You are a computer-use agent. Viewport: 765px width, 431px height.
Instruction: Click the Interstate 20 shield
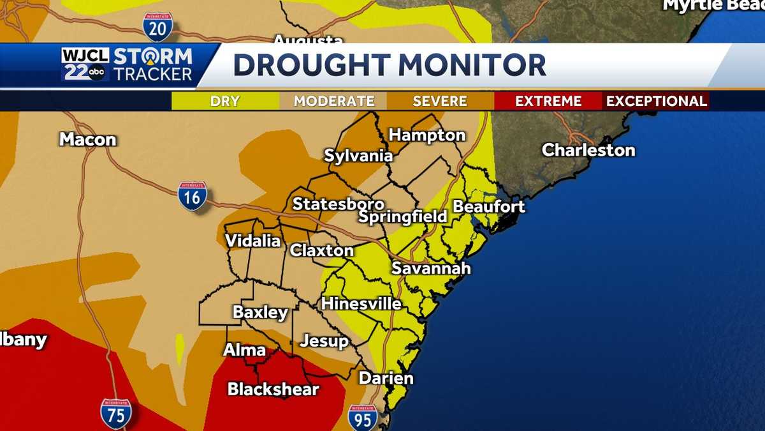157,27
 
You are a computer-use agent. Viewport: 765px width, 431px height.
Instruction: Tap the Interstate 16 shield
192,195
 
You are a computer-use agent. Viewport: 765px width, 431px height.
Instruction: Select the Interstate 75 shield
115,413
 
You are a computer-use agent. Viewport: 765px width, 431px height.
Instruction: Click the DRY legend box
225,101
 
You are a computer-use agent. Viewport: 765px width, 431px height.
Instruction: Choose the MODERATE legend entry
333,101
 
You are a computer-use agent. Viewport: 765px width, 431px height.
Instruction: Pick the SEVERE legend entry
440,101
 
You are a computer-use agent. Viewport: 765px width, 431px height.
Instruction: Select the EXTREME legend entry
548,101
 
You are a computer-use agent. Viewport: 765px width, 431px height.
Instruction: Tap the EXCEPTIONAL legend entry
656,101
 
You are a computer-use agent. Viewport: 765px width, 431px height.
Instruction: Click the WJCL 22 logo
86,64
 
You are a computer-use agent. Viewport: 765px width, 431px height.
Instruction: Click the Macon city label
88,139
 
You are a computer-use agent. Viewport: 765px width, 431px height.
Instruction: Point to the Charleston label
588,150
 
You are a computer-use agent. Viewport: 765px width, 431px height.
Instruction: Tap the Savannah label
431,268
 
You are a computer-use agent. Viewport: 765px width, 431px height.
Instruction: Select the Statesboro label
338,204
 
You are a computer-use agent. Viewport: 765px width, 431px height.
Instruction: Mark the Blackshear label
273,389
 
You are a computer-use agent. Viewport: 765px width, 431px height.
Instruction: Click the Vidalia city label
252,241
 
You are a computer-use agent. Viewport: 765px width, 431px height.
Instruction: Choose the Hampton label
426,135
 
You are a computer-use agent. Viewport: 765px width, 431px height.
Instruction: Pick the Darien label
386,378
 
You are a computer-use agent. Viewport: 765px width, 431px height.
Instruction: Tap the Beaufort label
488,207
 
